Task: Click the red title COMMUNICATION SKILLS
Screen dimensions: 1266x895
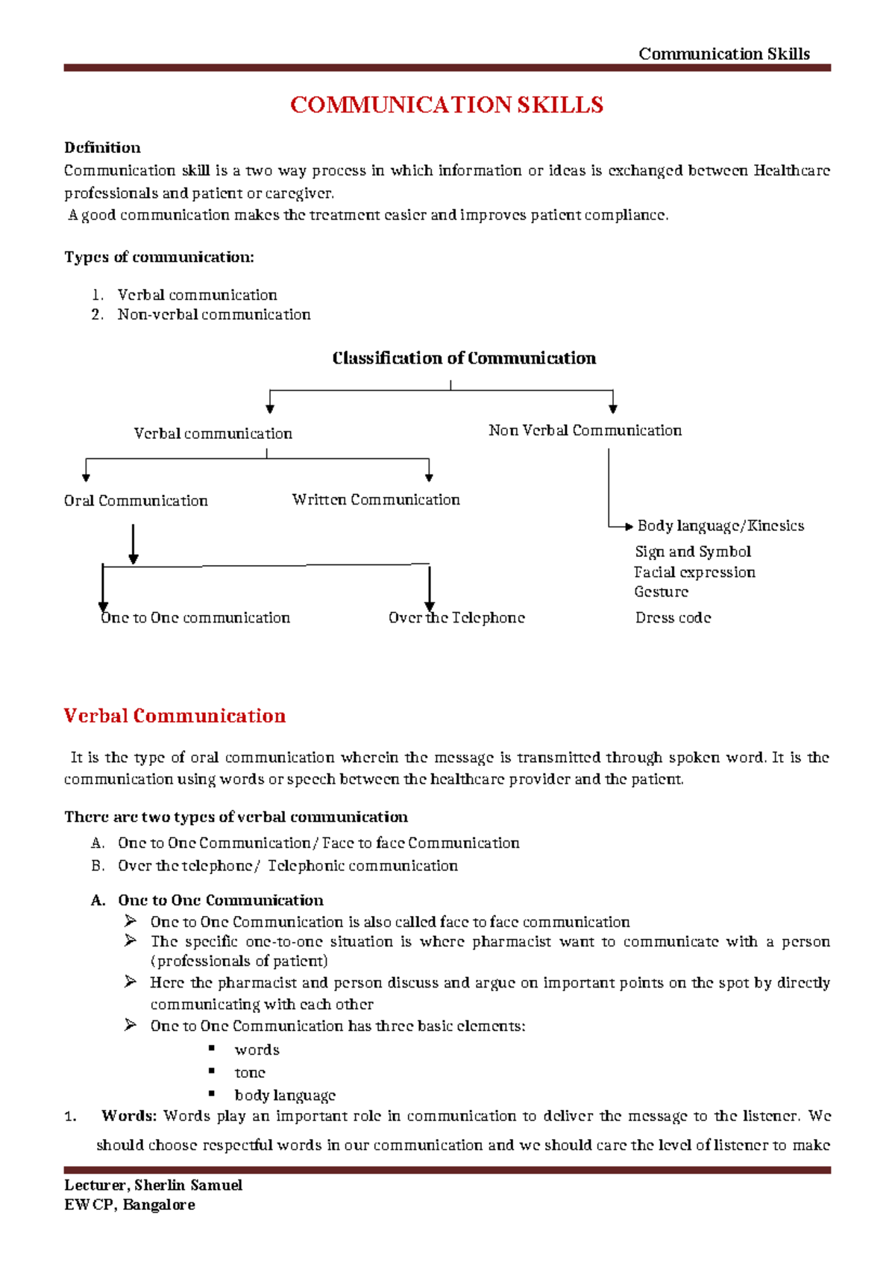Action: click(x=446, y=105)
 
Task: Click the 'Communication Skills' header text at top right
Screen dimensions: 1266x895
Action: click(x=723, y=54)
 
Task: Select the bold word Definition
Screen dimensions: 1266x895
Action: click(x=102, y=147)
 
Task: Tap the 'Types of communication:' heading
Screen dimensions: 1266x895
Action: click(x=159, y=257)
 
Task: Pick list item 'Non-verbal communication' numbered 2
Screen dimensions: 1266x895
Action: click(x=213, y=314)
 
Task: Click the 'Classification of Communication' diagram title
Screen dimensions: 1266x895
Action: click(x=464, y=358)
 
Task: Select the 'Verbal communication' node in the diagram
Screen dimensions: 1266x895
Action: click(x=213, y=434)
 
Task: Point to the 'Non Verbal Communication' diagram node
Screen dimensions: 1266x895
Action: click(x=585, y=430)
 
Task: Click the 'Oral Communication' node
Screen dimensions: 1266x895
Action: click(x=136, y=501)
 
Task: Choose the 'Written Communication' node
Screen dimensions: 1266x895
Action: click(x=376, y=499)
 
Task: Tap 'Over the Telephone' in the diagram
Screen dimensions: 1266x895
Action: click(x=456, y=617)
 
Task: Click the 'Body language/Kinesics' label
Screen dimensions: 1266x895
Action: click(x=720, y=526)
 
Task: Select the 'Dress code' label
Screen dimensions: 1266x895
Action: click(x=673, y=617)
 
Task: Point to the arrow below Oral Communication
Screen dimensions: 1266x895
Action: click(x=134, y=544)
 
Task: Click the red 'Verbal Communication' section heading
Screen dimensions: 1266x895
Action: click(x=175, y=716)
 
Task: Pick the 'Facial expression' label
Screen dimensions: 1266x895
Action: click(x=694, y=573)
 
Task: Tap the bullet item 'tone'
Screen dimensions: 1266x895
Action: click(x=250, y=1073)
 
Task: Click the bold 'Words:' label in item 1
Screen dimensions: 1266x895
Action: click(x=129, y=1116)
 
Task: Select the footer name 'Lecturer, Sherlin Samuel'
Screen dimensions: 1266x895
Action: click(x=153, y=1185)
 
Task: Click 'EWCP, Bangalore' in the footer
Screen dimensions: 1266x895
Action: click(x=130, y=1205)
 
